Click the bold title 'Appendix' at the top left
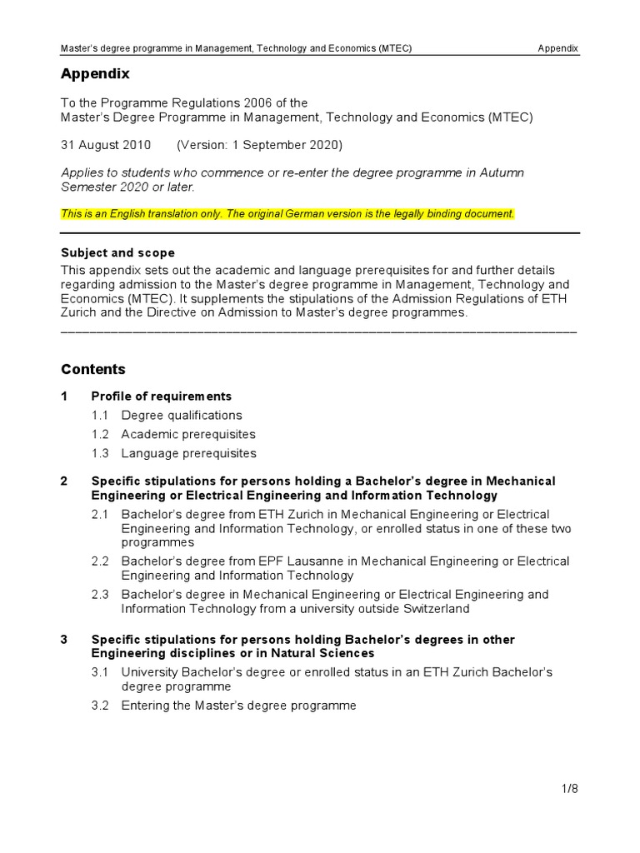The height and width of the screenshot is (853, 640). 95,74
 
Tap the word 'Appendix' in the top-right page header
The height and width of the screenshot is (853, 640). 557,48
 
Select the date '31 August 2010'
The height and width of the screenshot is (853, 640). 106,145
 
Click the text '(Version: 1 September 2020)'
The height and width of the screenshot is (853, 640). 259,145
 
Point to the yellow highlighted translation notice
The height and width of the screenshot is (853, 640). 287,214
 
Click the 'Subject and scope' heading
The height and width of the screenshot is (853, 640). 117,252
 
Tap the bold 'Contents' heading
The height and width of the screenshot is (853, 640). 93,369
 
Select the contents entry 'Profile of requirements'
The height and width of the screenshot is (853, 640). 161,397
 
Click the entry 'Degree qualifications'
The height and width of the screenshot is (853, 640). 182,415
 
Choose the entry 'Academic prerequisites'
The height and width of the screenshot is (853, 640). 188,434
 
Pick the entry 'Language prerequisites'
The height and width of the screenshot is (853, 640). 188,453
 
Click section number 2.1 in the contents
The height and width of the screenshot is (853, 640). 101,515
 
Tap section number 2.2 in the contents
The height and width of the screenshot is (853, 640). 101,561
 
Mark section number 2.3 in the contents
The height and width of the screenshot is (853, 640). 101,595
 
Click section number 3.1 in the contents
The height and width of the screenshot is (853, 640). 101,671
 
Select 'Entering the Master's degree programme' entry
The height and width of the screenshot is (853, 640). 238,706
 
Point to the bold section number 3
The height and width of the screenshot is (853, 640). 64,640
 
